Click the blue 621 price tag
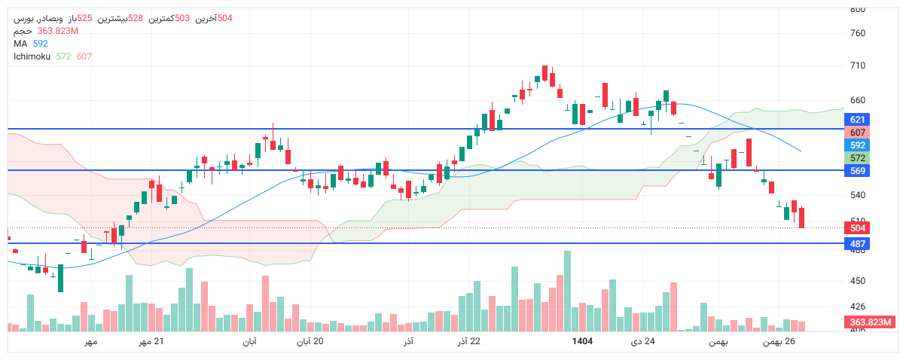click(857, 120)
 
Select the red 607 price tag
click(857, 133)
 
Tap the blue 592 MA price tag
click(857, 145)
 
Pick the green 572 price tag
click(857, 158)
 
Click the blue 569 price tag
click(857, 171)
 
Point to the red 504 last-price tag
click(857, 228)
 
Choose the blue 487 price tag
click(857, 244)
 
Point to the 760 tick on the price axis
click(858, 33)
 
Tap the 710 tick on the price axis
click(858, 66)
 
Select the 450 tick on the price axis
click(858, 281)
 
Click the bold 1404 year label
click(582, 342)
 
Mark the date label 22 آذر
click(468, 342)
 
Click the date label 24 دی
click(642, 342)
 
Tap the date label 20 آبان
click(309, 342)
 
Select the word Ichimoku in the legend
click(31, 56)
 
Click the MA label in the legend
click(20, 44)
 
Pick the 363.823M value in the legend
click(58, 31)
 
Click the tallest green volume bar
click(567, 291)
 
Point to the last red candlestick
click(802, 218)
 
